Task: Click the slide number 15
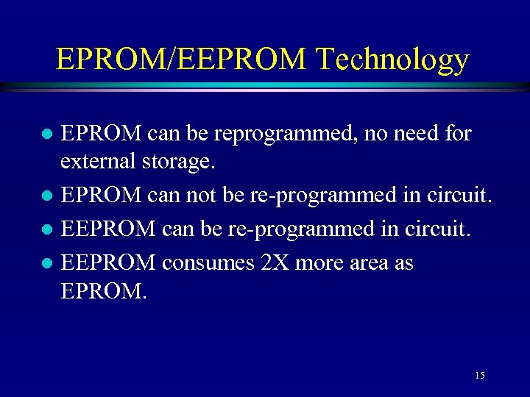[x=479, y=376]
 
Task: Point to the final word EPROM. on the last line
[x=104, y=290]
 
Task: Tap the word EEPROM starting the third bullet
[x=107, y=229]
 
